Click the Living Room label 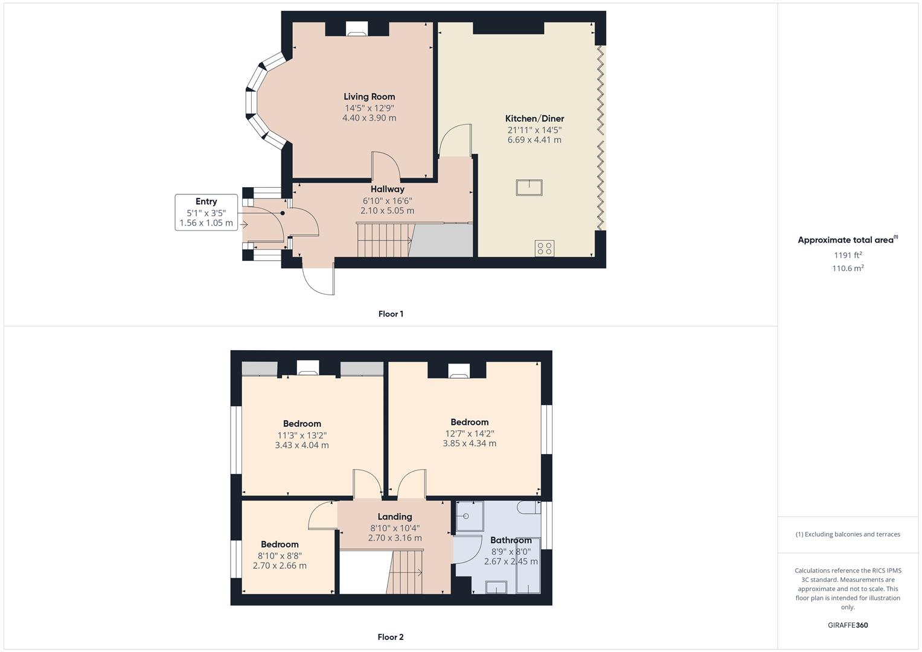369,97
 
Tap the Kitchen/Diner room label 534,118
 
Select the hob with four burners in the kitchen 545,248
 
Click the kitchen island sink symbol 529,188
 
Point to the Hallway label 387,189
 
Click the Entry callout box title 206,202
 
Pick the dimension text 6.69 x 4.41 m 534,140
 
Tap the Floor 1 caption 391,314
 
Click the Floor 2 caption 391,637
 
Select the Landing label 395,517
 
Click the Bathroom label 511,540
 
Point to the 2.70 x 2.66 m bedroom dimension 280,566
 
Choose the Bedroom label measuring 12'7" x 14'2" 469,422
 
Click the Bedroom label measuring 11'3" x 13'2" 302,424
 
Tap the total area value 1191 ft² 848,255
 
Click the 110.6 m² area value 848,269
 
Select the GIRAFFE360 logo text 848,625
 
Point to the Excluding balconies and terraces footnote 848,534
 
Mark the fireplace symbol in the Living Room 357,29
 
